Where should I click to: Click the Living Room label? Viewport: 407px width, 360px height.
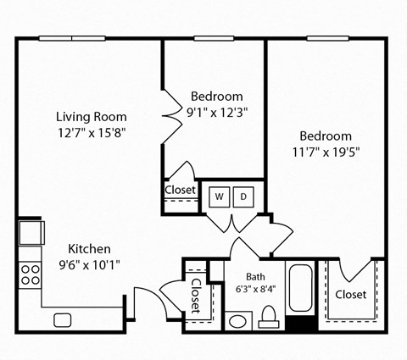[92, 117]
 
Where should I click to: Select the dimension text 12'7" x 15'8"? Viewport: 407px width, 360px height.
[92, 133]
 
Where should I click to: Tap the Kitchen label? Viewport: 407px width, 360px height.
[90, 249]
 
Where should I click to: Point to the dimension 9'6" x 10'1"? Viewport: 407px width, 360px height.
[90, 263]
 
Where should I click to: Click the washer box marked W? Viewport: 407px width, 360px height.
[219, 197]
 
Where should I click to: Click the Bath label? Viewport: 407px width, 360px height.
[256, 276]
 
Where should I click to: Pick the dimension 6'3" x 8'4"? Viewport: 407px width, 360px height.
[256, 289]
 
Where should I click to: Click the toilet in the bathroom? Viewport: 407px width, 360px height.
[270, 318]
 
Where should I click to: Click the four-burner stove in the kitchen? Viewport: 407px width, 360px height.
[31, 274]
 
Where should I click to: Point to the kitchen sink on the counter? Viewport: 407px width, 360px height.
[63, 319]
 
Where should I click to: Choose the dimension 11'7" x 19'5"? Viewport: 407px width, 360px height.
[326, 152]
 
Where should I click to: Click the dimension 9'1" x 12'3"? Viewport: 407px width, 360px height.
[217, 111]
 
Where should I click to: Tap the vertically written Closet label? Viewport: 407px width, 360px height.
[195, 296]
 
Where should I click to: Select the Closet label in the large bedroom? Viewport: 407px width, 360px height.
[350, 295]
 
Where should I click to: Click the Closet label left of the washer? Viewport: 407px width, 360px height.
[180, 191]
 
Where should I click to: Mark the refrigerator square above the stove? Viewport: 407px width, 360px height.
[31, 232]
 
